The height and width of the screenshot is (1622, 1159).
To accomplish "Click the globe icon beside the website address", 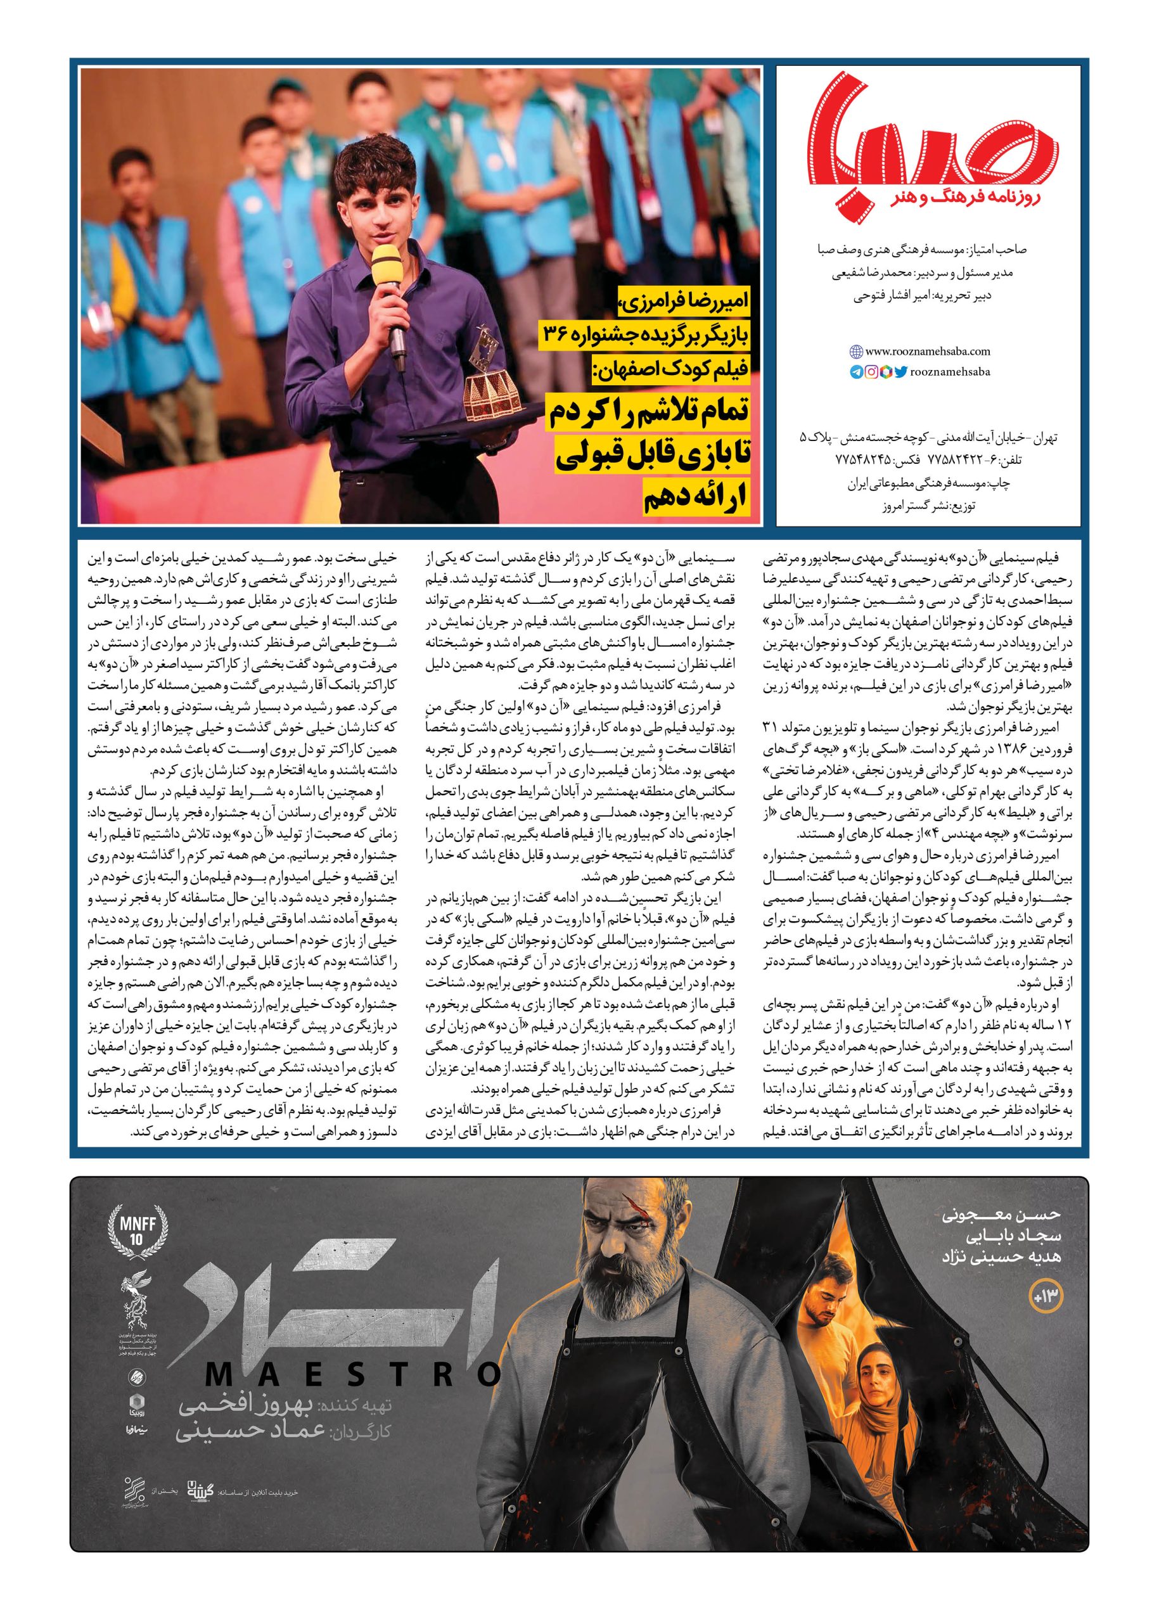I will tap(855, 351).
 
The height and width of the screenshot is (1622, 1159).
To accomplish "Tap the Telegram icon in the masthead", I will tap(856, 372).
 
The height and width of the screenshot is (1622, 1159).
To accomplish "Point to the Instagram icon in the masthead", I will tap(871, 372).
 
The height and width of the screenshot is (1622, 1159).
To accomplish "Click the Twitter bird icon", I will tap(900, 372).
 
